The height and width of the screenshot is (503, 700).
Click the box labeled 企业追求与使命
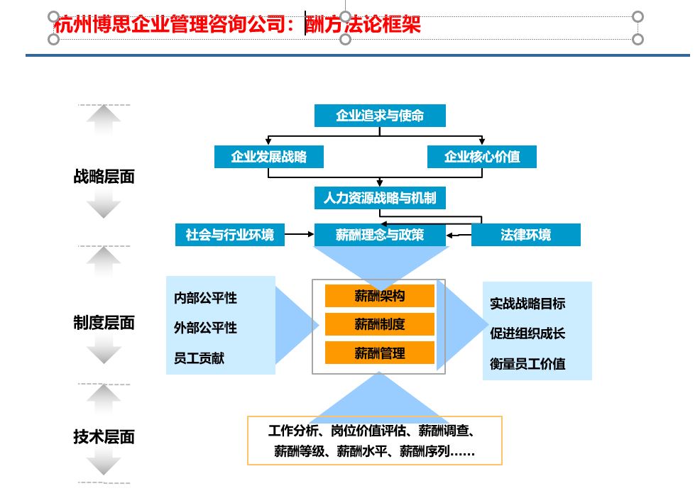[380, 116]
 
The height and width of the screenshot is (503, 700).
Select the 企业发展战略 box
[269, 157]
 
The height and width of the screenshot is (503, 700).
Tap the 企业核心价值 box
[482, 157]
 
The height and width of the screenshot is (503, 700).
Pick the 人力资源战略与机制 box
[380, 198]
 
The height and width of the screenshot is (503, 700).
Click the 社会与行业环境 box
[230, 235]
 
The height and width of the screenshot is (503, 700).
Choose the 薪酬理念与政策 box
[380, 235]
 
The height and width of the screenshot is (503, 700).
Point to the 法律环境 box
[526, 235]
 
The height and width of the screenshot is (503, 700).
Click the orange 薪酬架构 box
[380, 295]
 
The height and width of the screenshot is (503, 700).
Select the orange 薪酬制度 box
[380, 324]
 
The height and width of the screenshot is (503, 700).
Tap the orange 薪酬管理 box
[380, 353]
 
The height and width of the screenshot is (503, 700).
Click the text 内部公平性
[205, 298]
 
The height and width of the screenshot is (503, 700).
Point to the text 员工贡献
[199, 358]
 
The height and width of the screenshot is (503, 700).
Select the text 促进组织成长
[527, 333]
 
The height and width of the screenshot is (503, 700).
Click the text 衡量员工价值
[527, 364]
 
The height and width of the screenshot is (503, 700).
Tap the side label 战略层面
[104, 177]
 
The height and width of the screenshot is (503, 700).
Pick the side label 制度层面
[104, 323]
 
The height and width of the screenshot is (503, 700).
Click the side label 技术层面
[104, 436]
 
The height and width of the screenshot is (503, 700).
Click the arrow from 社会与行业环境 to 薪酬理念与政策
[299, 234]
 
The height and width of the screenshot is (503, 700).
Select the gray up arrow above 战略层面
[104, 119]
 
